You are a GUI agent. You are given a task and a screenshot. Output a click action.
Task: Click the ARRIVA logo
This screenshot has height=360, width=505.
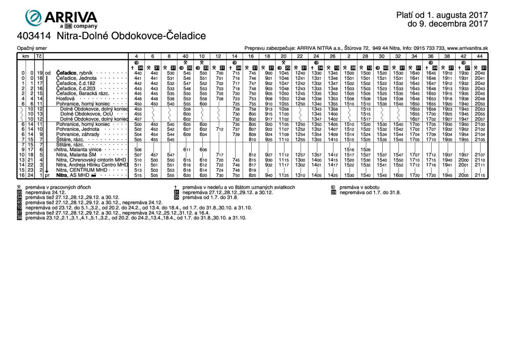click(61, 19)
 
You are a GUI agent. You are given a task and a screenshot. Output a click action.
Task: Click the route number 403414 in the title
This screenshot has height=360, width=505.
click(34, 36)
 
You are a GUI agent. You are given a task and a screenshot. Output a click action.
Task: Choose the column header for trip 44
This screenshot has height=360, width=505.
click(479, 56)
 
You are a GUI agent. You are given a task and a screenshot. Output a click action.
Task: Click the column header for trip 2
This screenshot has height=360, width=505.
click(349, 56)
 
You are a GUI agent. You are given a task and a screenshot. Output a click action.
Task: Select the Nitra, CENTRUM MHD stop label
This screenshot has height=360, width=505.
click(81, 170)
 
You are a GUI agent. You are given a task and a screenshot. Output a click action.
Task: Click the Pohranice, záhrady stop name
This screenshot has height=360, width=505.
click(78, 134)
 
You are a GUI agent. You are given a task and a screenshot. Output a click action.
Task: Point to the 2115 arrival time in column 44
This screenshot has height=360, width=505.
click(480, 175)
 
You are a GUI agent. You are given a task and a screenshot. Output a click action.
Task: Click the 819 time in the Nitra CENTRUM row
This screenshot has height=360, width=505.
click(252, 170)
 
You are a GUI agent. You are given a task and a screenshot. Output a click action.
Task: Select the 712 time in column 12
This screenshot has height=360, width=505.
click(219, 129)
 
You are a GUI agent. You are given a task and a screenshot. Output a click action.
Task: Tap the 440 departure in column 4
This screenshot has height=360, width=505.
click(138, 73)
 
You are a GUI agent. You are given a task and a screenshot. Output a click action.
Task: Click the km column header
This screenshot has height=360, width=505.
click(26, 56)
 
